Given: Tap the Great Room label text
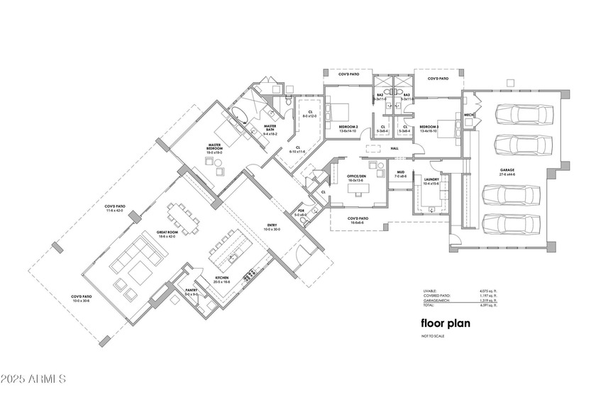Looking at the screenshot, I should [x=167, y=233].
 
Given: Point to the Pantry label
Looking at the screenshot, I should [x=191, y=291].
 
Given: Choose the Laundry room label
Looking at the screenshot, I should [x=431, y=180].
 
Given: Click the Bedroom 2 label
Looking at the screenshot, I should [x=348, y=128].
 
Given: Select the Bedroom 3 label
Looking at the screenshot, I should [x=430, y=128].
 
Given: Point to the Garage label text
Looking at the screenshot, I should [x=507, y=171].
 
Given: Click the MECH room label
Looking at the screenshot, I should [x=468, y=115].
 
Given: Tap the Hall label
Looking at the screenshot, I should [x=395, y=148].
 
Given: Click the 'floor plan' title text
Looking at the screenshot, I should [x=443, y=323].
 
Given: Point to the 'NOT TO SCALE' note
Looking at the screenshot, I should [x=432, y=335].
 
